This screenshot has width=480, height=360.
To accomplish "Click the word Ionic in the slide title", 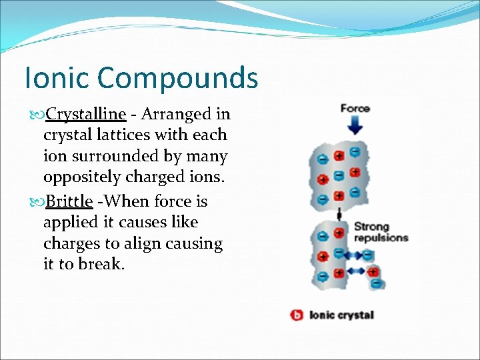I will click(x=55, y=78).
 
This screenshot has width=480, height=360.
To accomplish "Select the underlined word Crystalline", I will click(x=90, y=114).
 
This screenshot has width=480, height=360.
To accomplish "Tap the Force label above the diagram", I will click(x=355, y=109).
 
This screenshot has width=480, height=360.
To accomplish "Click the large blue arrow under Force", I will click(x=355, y=126).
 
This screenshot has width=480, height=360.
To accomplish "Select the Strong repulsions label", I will click(x=381, y=233).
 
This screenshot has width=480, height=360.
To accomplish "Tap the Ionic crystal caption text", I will click(x=342, y=315).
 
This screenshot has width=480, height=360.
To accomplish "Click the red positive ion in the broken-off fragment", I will click(x=373, y=271).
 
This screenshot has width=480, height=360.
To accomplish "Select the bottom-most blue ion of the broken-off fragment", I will click(x=377, y=283).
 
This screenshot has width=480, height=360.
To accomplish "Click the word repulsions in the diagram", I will click(x=381, y=238).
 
